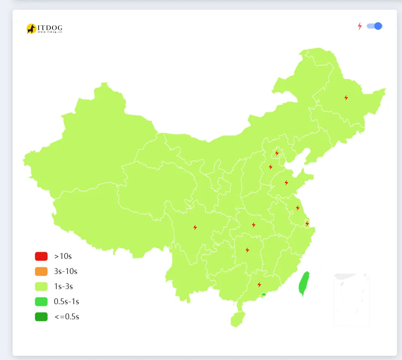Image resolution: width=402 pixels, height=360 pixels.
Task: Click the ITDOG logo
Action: coord(44,29)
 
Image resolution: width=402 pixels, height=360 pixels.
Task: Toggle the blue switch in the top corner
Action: coord(374,26)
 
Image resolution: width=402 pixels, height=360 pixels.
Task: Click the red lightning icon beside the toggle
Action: coord(360,26)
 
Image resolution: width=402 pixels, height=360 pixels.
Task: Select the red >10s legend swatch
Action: coord(41,256)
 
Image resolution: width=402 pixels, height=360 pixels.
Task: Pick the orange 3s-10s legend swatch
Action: coord(41,271)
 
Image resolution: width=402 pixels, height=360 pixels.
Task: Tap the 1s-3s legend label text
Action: coord(63,287)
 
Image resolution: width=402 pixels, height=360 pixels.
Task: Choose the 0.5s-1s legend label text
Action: coord(66,302)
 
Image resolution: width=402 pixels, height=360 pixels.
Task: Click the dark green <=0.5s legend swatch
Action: coord(41,317)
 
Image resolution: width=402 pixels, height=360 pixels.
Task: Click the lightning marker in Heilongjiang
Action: coord(346,98)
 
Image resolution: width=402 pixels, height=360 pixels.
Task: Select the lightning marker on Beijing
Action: coord(277,153)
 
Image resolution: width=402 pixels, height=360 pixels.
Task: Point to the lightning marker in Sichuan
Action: coord(195,227)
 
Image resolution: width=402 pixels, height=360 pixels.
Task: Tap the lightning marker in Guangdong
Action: coord(259,285)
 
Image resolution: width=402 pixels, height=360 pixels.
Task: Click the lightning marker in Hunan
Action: coord(247,250)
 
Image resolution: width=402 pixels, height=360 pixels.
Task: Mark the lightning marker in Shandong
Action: coord(286,183)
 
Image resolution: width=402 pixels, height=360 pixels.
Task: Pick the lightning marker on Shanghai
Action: coord(307,224)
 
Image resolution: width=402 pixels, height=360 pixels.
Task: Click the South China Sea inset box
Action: coord(352,300)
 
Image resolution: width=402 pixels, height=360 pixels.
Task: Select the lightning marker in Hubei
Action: coord(253,225)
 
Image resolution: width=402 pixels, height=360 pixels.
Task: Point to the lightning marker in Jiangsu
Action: coord(298,208)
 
